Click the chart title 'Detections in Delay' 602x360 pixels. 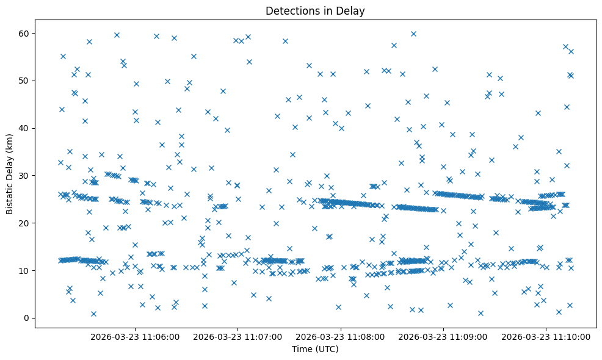coord(315,10)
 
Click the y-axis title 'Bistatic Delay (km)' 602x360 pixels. coord(10,174)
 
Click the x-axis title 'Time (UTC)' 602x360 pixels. coord(315,349)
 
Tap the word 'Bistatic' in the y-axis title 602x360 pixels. coord(10,196)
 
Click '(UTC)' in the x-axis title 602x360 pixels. coord(327,349)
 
